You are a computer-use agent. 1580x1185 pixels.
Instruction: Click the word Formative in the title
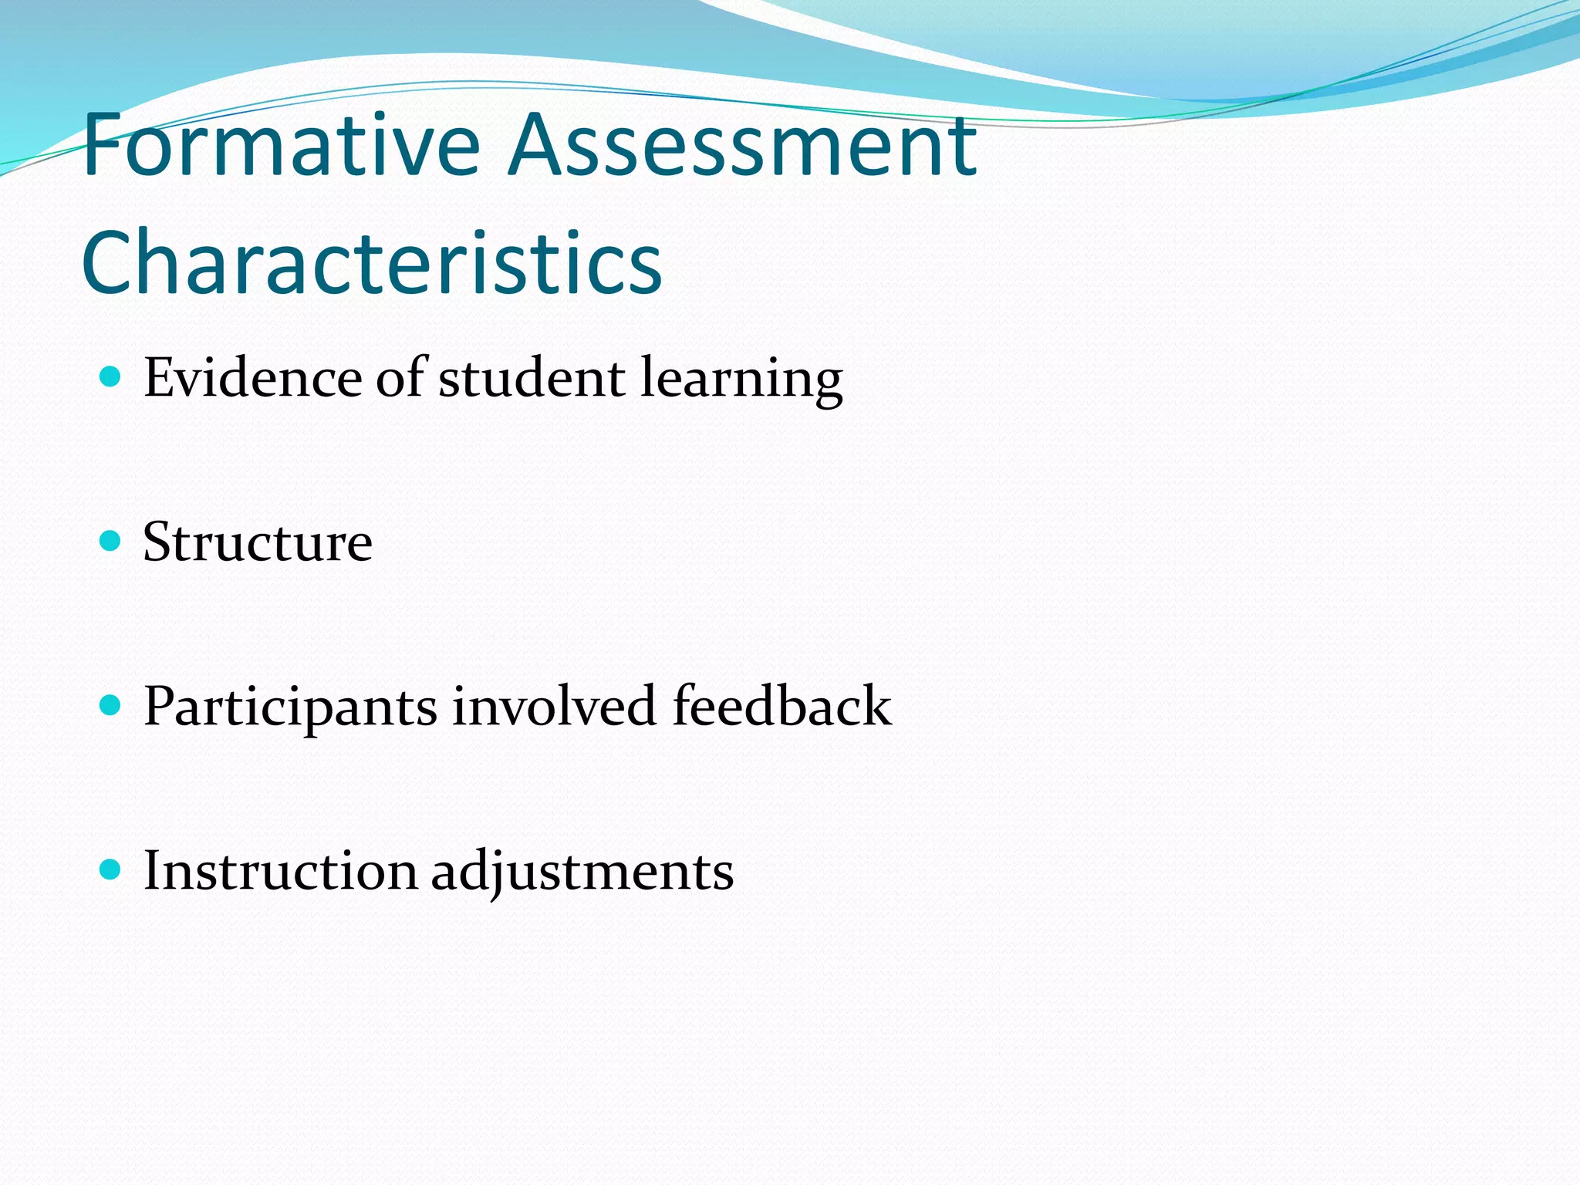(x=281, y=144)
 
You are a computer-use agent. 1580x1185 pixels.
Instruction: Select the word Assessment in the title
(x=742, y=144)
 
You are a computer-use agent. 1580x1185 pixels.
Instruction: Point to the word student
(x=532, y=378)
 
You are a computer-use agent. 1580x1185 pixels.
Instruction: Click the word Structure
(x=258, y=542)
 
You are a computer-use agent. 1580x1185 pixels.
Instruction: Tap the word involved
(x=554, y=706)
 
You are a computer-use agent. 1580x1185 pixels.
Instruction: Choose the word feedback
(x=782, y=706)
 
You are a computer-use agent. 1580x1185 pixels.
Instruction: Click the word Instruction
(x=280, y=871)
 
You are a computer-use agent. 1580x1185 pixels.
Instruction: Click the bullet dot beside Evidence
(x=111, y=377)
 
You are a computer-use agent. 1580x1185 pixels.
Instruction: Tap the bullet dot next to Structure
(x=111, y=541)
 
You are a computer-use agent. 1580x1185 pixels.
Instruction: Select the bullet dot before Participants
(x=111, y=705)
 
